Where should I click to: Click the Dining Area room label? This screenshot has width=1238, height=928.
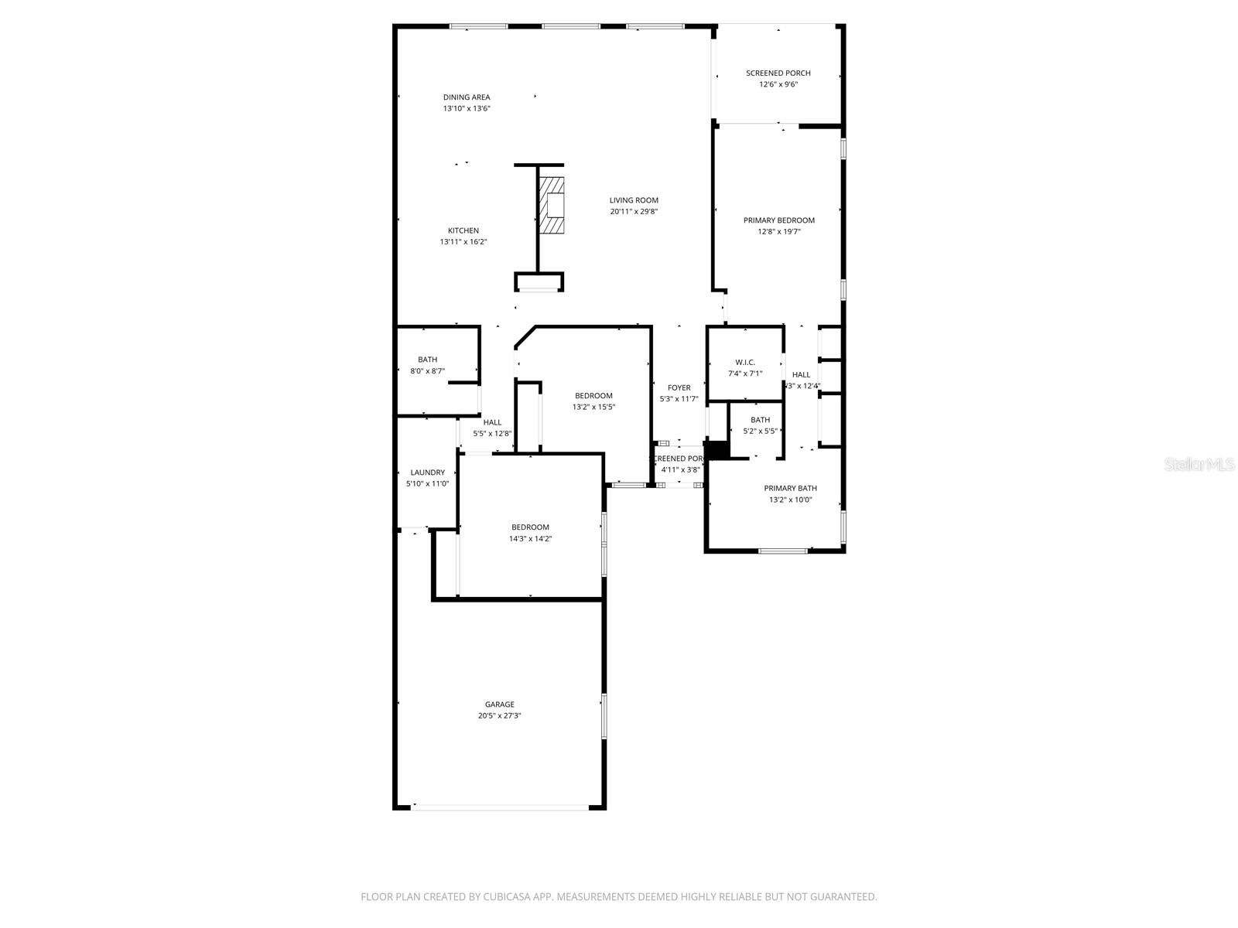[x=467, y=97]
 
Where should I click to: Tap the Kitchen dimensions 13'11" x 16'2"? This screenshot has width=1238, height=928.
[x=463, y=242]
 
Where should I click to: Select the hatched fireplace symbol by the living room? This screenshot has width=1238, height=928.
[x=552, y=205]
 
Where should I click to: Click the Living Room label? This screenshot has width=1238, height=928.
[x=634, y=200]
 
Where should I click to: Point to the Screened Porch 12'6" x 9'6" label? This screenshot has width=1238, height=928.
[x=778, y=79]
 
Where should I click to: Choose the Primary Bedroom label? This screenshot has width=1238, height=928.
[x=779, y=220]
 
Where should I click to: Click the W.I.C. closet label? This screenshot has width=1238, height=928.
[x=745, y=363]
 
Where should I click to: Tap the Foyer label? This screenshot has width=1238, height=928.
[x=679, y=388]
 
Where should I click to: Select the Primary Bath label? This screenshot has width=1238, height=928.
[x=790, y=489]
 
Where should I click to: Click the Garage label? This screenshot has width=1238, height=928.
[x=499, y=705]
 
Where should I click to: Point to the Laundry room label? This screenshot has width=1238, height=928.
[x=427, y=473]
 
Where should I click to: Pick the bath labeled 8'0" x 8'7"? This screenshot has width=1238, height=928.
[x=427, y=365]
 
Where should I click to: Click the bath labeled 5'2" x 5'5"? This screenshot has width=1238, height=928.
[x=760, y=425]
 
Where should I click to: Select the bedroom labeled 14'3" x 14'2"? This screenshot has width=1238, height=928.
[x=530, y=533]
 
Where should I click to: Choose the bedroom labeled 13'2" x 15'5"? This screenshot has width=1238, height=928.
[x=593, y=401]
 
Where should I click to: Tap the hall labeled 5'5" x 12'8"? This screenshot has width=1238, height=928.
[x=492, y=428]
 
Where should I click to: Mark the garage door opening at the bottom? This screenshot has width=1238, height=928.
[x=499, y=807]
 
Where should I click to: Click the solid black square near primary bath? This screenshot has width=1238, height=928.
[x=718, y=450]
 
